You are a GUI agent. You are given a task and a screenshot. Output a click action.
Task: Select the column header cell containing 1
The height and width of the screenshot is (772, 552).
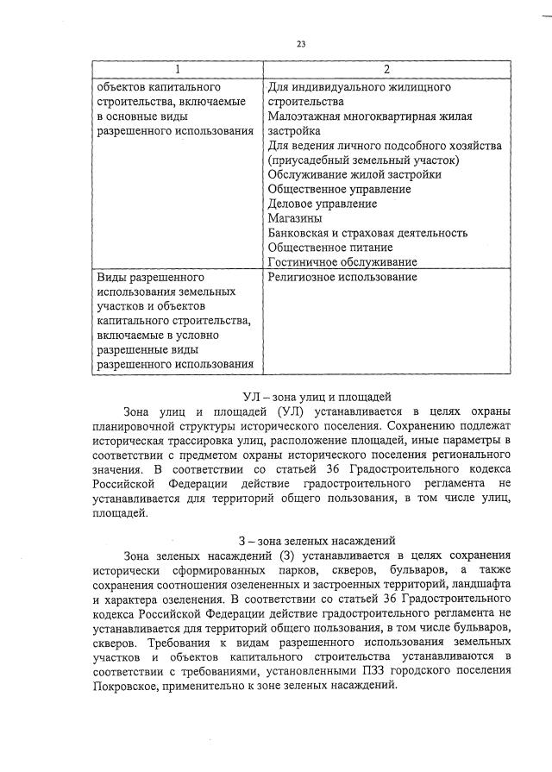pyautogui.click(x=177, y=69)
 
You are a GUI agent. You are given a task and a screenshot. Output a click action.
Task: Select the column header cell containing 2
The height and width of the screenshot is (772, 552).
pyautogui.click(x=386, y=69)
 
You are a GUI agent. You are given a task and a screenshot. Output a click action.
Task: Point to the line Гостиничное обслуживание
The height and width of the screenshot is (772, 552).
pyautogui.click(x=342, y=262)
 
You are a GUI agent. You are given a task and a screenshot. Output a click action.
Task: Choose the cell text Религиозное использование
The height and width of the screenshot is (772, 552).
pyautogui.click(x=342, y=278)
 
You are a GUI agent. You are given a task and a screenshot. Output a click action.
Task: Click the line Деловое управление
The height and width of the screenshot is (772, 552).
pyautogui.click(x=322, y=204)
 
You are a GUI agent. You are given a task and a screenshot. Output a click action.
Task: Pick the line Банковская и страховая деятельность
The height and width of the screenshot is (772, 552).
pyautogui.click(x=367, y=233)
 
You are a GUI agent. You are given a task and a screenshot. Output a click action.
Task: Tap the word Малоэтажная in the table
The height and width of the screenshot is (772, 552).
pyautogui.click(x=310, y=116)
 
